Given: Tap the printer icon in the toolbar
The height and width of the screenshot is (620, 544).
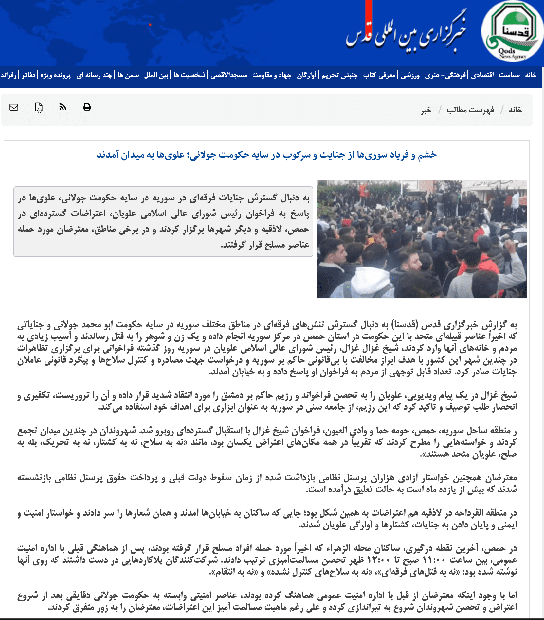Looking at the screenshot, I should (87, 107).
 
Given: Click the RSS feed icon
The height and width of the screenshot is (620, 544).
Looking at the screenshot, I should (63, 107).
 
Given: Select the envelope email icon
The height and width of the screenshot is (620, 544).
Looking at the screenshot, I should (14, 107).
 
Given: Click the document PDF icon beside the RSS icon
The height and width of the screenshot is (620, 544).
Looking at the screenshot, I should (39, 107).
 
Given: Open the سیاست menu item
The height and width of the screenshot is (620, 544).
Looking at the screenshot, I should (509, 75).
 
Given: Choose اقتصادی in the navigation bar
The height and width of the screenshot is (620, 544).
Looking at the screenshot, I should (482, 75).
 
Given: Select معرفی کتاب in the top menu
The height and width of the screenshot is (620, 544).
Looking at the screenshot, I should (380, 75).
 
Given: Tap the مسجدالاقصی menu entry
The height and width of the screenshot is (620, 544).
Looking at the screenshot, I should (229, 75).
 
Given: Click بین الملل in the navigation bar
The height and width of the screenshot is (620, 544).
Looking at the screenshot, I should (156, 75).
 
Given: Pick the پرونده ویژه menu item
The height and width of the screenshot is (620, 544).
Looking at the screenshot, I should (56, 75).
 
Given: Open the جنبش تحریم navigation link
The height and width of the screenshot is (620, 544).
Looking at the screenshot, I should (339, 75).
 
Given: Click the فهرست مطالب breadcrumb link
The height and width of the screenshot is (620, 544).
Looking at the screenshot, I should (470, 110).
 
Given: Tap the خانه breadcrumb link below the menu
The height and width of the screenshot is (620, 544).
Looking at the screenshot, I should (515, 110).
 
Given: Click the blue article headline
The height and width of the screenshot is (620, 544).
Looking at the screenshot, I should (266, 155).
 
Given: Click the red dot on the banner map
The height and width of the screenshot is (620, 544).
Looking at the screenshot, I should (150, 25).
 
